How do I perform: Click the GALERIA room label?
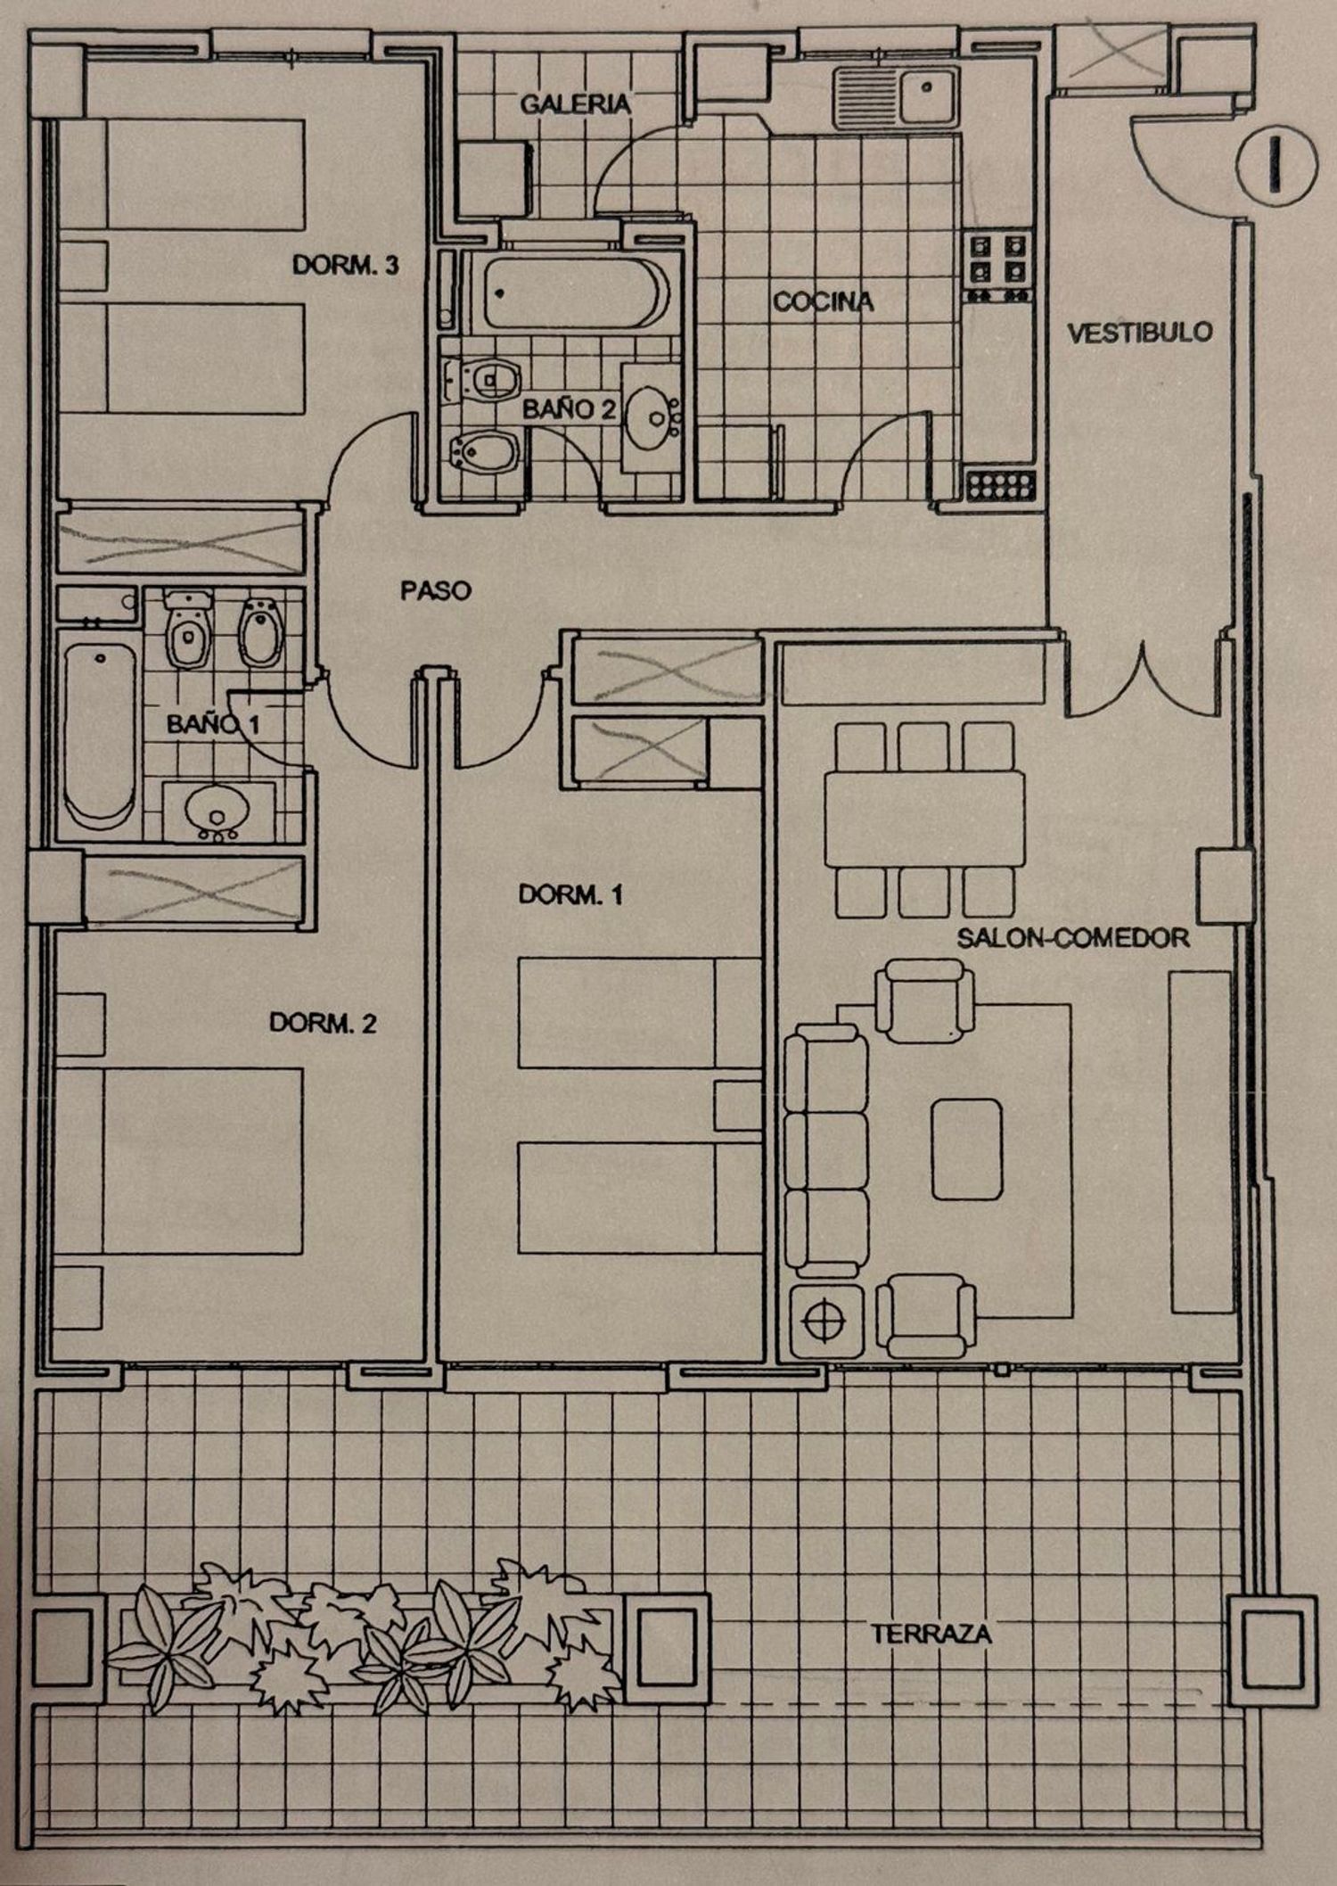pos(575,103)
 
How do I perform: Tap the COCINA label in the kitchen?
pos(823,302)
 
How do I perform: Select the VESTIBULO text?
pos(1140,333)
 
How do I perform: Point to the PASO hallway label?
pos(435,590)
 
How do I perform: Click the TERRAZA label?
pos(931,1635)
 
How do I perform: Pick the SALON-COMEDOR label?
pos(1073,938)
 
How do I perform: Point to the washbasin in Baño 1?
pos(217,811)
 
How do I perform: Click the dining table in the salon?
pos(924,819)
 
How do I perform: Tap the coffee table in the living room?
pos(967,1149)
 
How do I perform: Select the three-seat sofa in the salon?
pos(825,1151)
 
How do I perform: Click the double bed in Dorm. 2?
pos(202,1161)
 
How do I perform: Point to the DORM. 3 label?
pos(345,265)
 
